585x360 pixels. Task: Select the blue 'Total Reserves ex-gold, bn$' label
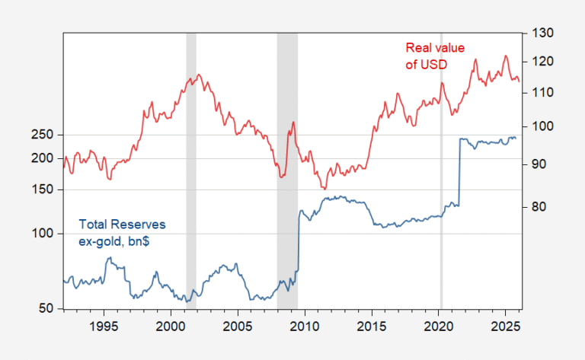pyautogui.click(x=122, y=232)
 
